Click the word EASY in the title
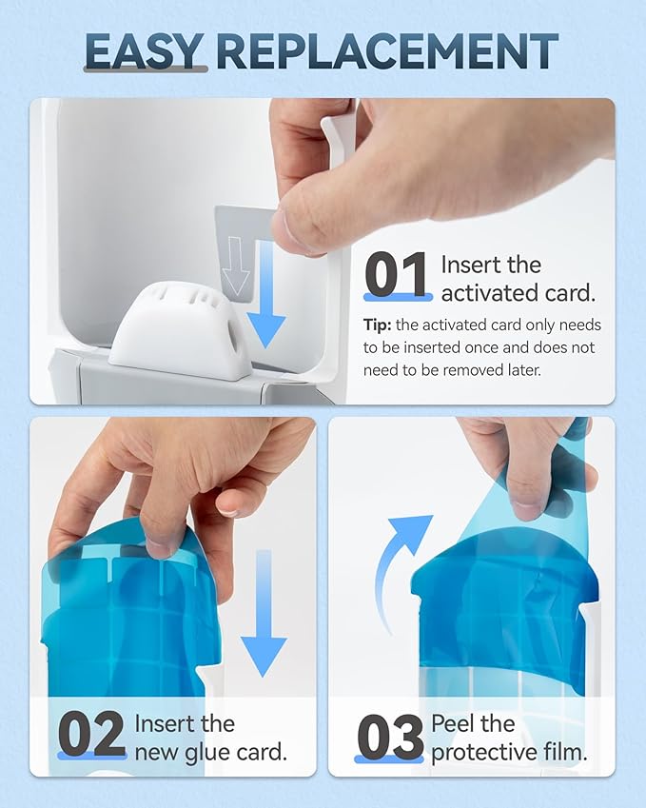tap(145, 51)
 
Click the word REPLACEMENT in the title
tap(387, 51)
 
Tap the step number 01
tap(397, 275)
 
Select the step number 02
tap(92, 734)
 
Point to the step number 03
tap(390, 737)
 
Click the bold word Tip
tap(377, 325)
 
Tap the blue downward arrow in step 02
tap(264, 613)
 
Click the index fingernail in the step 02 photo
tap(231, 508)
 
